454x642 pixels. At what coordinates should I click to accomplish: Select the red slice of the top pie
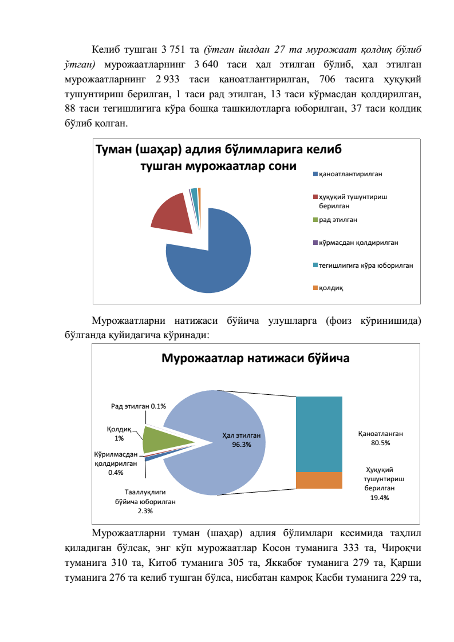point(172,214)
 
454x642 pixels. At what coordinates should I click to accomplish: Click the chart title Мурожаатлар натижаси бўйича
point(255,359)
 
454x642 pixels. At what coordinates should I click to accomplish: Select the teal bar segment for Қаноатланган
point(318,434)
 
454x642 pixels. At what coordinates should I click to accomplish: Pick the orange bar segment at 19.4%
point(318,481)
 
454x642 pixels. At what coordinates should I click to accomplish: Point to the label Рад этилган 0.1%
point(138,406)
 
